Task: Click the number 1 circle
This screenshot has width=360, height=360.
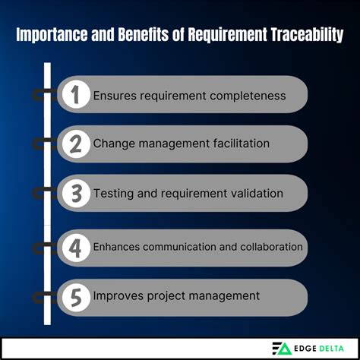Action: coord(75,95)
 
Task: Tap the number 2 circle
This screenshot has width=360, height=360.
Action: coord(75,143)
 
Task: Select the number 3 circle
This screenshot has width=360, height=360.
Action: coord(75,193)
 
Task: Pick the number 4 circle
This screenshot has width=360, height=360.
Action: coord(75,246)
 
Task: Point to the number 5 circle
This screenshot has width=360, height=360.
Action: coord(75,295)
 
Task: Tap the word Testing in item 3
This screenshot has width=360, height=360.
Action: coord(115,193)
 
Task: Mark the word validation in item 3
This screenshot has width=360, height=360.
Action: coord(255,193)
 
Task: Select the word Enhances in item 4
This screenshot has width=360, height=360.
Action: coord(115,246)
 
